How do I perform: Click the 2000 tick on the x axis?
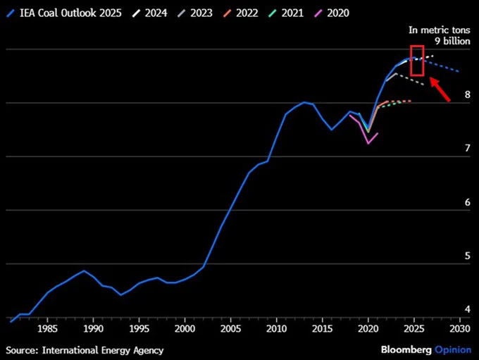185,329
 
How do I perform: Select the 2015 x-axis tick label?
322,329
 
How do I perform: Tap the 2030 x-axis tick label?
459,329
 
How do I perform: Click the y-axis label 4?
467,309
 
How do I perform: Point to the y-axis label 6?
467,201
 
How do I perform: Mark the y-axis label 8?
467,94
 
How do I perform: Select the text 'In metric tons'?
439,30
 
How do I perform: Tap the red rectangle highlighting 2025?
417,60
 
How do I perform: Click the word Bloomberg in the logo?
406,349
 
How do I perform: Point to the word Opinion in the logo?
452,349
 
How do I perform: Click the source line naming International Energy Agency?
85,349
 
